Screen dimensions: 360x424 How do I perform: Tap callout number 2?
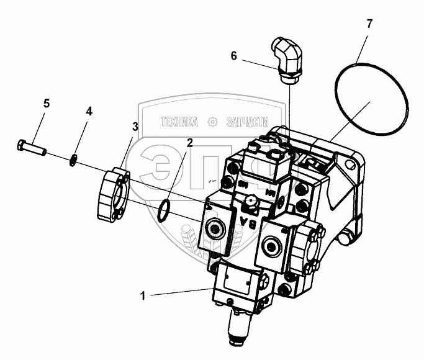189,142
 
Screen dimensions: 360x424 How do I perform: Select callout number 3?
135,127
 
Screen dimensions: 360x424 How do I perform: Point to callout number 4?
89,112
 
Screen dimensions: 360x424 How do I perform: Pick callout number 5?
46,104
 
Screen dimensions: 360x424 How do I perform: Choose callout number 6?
233,56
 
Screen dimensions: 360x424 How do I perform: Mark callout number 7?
369,25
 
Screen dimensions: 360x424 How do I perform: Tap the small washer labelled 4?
73,160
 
